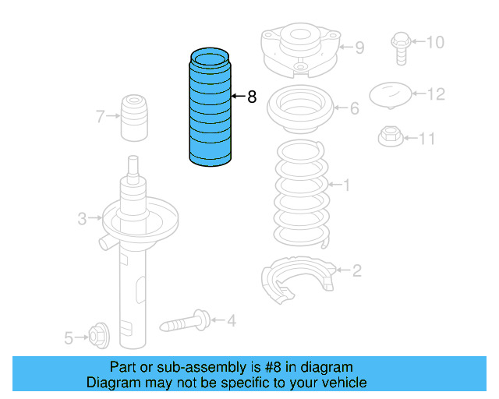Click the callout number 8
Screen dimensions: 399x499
pos(252,97)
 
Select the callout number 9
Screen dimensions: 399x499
pos(359,48)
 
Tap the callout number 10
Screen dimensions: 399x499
pos(434,41)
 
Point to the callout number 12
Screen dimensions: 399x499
pos(436,94)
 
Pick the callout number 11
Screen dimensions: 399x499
pos(426,139)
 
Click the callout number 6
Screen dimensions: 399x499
pos(354,108)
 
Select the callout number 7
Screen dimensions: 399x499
pos(101,118)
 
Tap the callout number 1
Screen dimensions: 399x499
pos(346,185)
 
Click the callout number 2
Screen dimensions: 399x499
pos(356,271)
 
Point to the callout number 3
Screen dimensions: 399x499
pos(82,219)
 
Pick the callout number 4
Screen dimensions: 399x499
pos(231,320)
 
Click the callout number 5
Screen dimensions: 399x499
pos(69,337)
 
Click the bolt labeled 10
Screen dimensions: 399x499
pos(398,44)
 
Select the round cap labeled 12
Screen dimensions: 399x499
pos(390,96)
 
